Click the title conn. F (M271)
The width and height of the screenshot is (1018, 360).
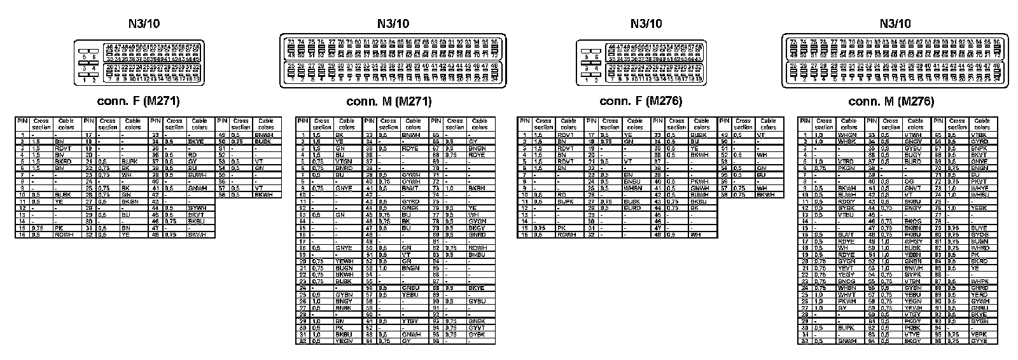[x=137, y=101]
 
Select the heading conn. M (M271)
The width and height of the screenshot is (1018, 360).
[x=389, y=101]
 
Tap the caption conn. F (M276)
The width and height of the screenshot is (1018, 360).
[x=641, y=101]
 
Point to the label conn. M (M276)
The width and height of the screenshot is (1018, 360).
[x=891, y=101]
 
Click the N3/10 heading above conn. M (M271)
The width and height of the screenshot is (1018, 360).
[x=393, y=24]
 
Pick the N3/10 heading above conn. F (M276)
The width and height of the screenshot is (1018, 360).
[x=646, y=24]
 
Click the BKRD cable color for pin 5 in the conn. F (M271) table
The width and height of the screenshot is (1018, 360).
[x=63, y=162]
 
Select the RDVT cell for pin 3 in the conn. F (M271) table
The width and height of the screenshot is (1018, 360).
[x=63, y=148]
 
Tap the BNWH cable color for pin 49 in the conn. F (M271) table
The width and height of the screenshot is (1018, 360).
[x=263, y=135]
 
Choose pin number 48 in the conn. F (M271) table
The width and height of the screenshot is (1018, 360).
[x=155, y=235]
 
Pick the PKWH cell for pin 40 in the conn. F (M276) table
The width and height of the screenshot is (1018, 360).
[x=699, y=181]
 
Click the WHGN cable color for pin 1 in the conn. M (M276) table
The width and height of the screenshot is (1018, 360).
[x=847, y=135]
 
